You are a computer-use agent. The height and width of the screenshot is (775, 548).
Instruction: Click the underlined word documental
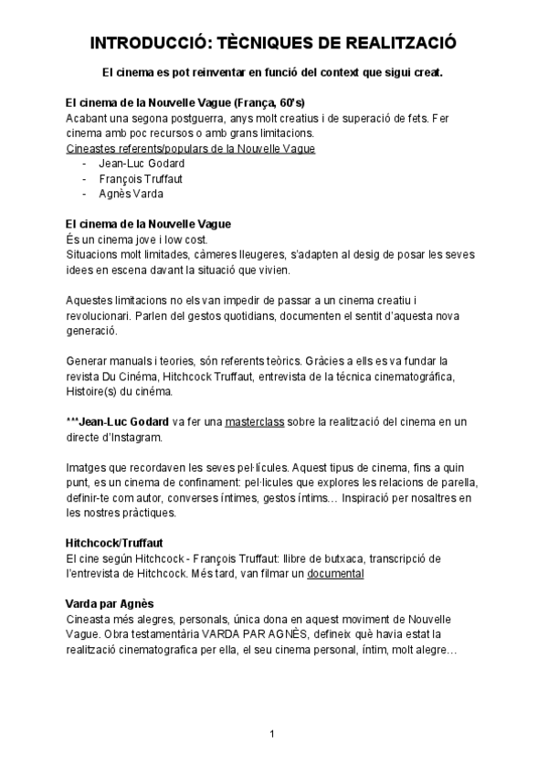335,573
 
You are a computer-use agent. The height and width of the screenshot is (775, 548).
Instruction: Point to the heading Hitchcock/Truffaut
114,543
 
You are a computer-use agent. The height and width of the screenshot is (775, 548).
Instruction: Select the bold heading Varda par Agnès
110,603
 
